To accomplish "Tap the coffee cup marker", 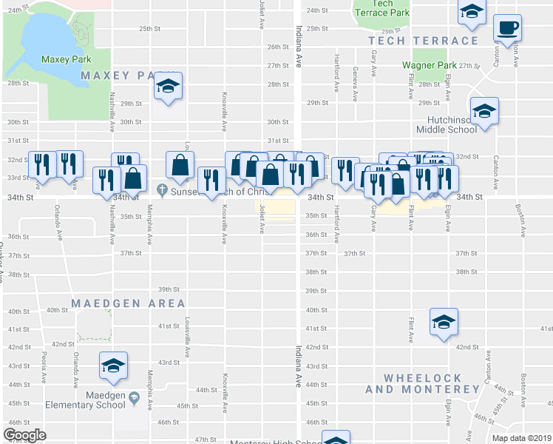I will click(507, 29).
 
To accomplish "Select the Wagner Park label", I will click(430, 64).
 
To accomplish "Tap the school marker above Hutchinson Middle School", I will click(484, 112).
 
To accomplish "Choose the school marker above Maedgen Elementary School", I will click(112, 366).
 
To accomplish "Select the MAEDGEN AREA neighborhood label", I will click(129, 303).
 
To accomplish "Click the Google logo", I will click(25, 435).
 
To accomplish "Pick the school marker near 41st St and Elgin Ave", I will click(444, 322).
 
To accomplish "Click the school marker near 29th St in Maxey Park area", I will click(168, 87).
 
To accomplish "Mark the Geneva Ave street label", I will click(356, 83).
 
